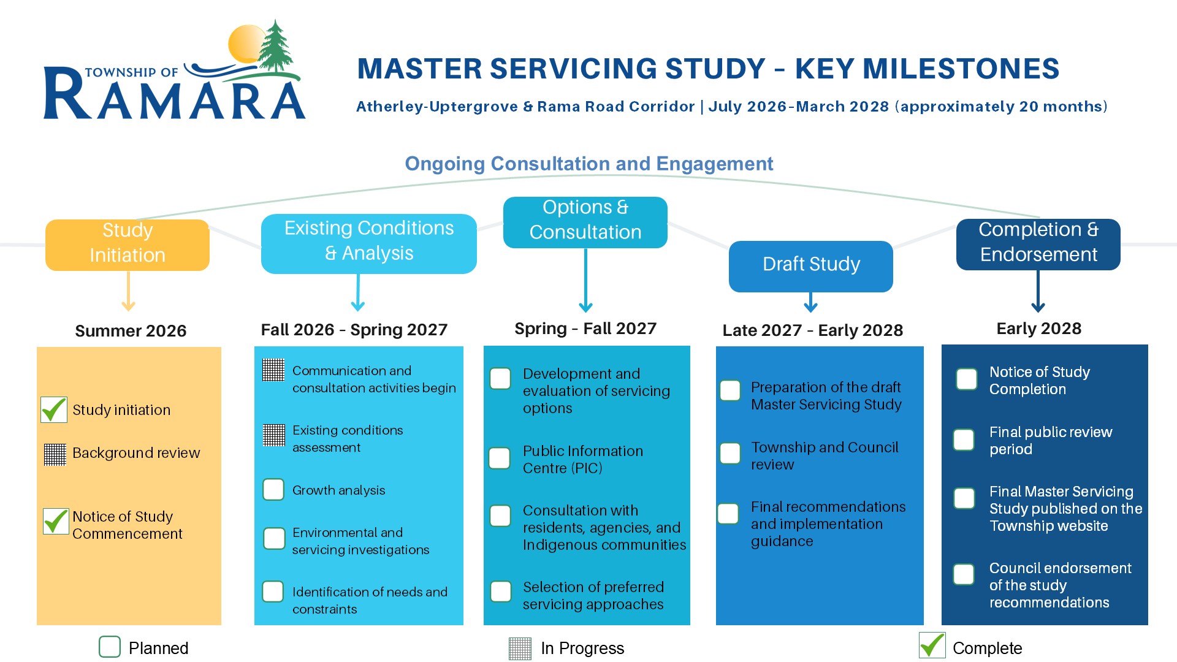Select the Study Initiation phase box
coord(128,245)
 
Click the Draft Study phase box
coord(811,267)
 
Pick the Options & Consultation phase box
coord(585,223)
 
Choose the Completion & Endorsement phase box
coord(1038,245)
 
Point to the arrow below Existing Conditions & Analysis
coord(358,292)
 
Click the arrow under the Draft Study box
coord(811,302)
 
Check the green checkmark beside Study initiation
coord(54,409)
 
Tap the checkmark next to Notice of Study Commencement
coord(56,521)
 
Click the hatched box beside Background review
coord(55,454)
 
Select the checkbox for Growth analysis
coord(273,490)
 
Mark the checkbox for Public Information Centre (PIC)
coord(500,458)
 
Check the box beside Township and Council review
coord(730,454)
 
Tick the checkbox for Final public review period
coord(964,439)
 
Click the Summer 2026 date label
coord(131,331)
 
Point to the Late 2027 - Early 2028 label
coord(813,330)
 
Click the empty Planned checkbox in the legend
coord(110,647)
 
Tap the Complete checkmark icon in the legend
coord(932,645)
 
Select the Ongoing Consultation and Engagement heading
coord(589,164)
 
